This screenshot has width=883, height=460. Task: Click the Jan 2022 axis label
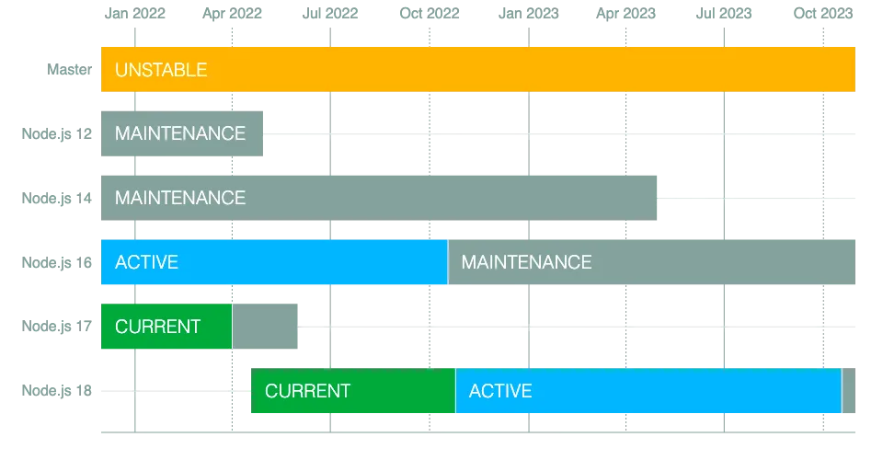(x=135, y=14)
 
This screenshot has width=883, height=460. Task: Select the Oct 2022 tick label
(x=430, y=14)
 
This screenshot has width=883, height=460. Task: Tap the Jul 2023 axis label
(x=724, y=14)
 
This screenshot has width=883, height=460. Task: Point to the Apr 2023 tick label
(x=626, y=14)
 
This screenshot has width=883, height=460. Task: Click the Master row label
(x=69, y=69)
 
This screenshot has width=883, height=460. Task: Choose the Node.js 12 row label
(x=57, y=134)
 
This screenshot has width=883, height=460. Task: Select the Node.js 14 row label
(x=57, y=198)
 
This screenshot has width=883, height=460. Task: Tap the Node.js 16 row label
(x=57, y=262)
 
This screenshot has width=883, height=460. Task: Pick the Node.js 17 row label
(x=57, y=327)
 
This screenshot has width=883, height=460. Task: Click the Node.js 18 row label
(x=57, y=391)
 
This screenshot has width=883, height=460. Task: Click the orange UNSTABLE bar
(x=478, y=69)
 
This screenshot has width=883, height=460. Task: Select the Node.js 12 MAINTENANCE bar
(x=182, y=133)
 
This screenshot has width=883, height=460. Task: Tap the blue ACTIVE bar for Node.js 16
(x=274, y=262)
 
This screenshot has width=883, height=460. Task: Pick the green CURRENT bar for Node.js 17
(x=166, y=327)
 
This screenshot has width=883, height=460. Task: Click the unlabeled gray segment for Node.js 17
(x=265, y=327)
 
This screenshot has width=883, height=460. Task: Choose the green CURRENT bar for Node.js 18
(x=353, y=391)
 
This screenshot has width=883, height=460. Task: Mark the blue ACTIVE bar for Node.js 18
(x=648, y=391)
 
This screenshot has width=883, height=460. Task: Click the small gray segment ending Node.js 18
(x=849, y=391)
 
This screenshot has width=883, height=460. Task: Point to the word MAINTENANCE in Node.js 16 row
(x=526, y=262)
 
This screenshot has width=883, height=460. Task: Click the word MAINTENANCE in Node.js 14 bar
(x=180, y=198)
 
